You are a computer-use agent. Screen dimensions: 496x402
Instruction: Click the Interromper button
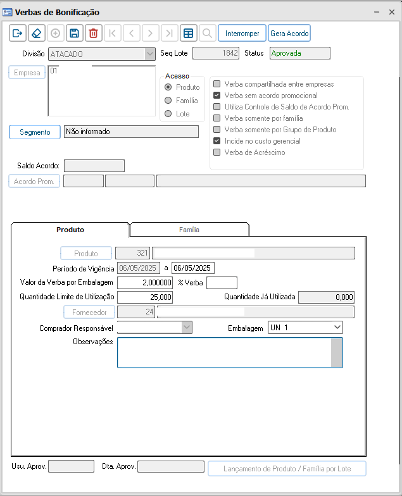pyautogui.click(x=242, y=33)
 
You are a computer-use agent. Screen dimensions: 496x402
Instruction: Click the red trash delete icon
pyautogui.click(x=93, y=33)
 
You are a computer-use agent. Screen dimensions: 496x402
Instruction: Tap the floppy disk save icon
pyautogui.click(x=74, y=33)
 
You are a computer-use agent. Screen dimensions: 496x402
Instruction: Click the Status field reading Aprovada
pyautogui.click(x=299, y=53)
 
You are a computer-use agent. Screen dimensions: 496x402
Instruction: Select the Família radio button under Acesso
pyautogui.click(x=168, y=101)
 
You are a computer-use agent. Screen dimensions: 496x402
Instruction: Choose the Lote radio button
pyautogui.click(x=168, y=114)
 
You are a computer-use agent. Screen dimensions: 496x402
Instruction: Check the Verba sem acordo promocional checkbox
pyautogui.click(x=217, y=96)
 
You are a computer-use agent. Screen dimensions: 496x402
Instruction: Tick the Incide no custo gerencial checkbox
pyautogui.click(x=217, y=141)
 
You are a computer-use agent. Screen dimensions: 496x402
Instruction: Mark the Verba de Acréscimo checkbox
pyautogui.click(x=217, y=152)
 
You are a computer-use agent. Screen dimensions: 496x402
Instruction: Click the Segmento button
pyautogui.click(x=35, y=132)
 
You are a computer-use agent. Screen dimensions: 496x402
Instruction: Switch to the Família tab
pyautogui.click(x=189, y=230)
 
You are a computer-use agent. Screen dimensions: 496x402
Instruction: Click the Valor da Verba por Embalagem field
pyautogui.click(x=145, y=282)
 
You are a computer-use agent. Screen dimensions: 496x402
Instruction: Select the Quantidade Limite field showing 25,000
pyautogui.click(x=145, y=297)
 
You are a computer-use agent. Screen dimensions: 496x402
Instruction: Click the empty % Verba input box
pyautogui.click(x=222, y=282)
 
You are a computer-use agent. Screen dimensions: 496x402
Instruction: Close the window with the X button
pyautogui.click(x=392, y=12)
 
